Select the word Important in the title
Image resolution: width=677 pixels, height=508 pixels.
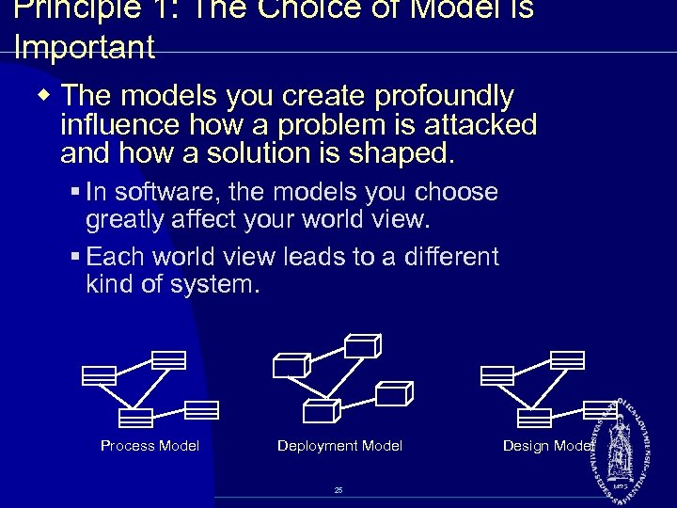click(85, 48)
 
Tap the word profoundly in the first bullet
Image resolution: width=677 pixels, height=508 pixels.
click(442, 96)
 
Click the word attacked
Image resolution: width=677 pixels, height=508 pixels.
click(479, 124)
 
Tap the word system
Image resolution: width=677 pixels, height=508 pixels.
click(217, 284)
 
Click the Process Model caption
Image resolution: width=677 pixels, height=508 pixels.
click(150, 446)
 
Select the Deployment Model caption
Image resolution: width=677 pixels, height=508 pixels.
click(339, 446)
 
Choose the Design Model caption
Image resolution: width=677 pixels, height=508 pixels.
click(548, 446)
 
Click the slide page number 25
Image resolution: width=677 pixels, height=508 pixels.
click(338, 490)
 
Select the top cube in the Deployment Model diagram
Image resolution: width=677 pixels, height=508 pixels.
click(362, 346)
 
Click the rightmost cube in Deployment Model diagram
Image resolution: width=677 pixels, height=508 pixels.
click(394, 392)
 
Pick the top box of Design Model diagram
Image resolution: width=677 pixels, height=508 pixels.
click(567, 359)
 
